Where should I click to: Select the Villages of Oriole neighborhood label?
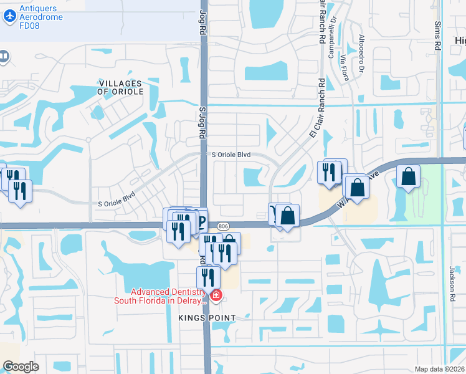pyautogui.click(x=121, y=87)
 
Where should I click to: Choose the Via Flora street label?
pyautogui.click(x=345, y=67)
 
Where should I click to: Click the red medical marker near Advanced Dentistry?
pyautogui.click(x=216, y=295)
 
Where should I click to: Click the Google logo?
pyautogui.click(x=21, y=367)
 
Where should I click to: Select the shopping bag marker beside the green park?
pyautogui.click(x=408, y=176)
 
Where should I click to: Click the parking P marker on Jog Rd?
pyautogui.click(x=201, y=220)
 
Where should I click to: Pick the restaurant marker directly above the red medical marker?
pyautogui.click(x=208, y=277)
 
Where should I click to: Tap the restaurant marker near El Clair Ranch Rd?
pyautogui.click(x=329, y=171)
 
